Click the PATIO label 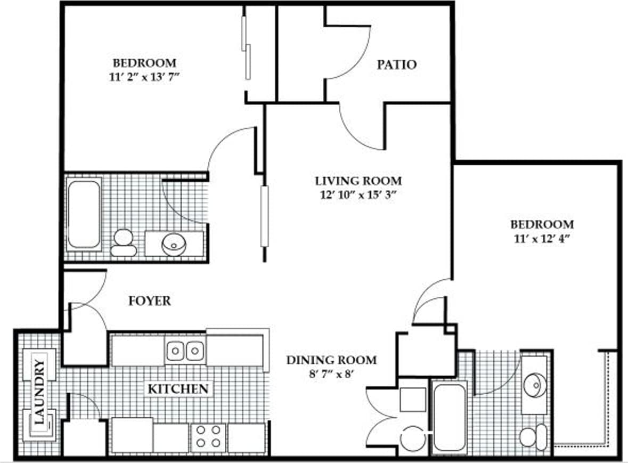tap(396, 65)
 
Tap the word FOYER tap(150, 301)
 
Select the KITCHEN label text tap(177, 389)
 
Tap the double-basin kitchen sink tap(185, 351)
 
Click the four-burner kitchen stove tap(208, 436)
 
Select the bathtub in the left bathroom tap(84, 214)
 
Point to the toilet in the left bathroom tap(124, 242)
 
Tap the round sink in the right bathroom tap(534, 384)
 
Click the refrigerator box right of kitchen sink tap(235, 350)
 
